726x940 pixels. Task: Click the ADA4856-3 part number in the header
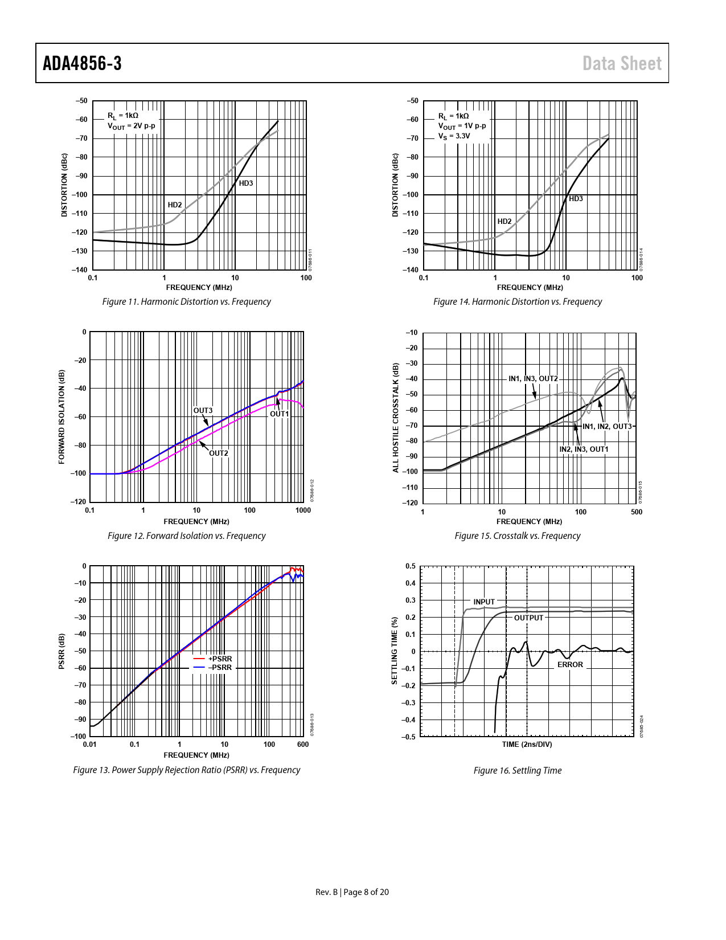tap(83, 63)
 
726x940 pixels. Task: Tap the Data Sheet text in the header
tap(622, 63)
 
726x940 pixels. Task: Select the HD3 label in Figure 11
tap(246, 183)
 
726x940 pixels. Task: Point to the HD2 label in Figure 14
tap(504, 222)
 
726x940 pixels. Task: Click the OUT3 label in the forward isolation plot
tap(203, 411)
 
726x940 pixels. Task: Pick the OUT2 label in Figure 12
tap(219, 453)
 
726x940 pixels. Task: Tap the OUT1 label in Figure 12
tap(279, 414)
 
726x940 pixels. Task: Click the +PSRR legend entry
tap(220, 659)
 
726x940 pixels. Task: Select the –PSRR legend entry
tap(220, 668)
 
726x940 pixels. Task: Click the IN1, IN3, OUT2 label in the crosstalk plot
tap(533, 379)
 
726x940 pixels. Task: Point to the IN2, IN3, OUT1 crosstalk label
tap(584, 449)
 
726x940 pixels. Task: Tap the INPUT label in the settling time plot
tap(484, 602)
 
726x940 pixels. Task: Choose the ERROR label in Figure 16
tap(570, 665)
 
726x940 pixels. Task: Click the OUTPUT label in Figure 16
tap(529, 618)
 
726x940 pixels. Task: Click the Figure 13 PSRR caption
tap(186, 770)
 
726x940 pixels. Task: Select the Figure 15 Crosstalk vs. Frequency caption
tap(518, 536)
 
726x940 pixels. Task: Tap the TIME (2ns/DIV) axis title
tap(527, 744)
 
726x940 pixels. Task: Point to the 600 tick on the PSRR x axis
tap(303, 745)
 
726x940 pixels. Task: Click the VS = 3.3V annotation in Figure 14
tap(454, 136)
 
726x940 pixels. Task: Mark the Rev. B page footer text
tap(352, 892)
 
